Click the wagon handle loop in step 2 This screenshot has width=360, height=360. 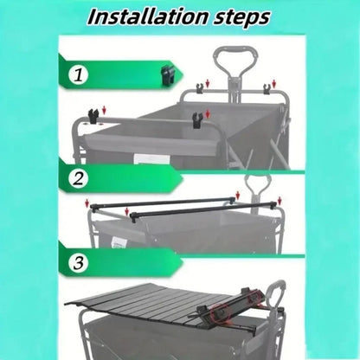pos(257,183)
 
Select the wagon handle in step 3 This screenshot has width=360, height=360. pos(273,290)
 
